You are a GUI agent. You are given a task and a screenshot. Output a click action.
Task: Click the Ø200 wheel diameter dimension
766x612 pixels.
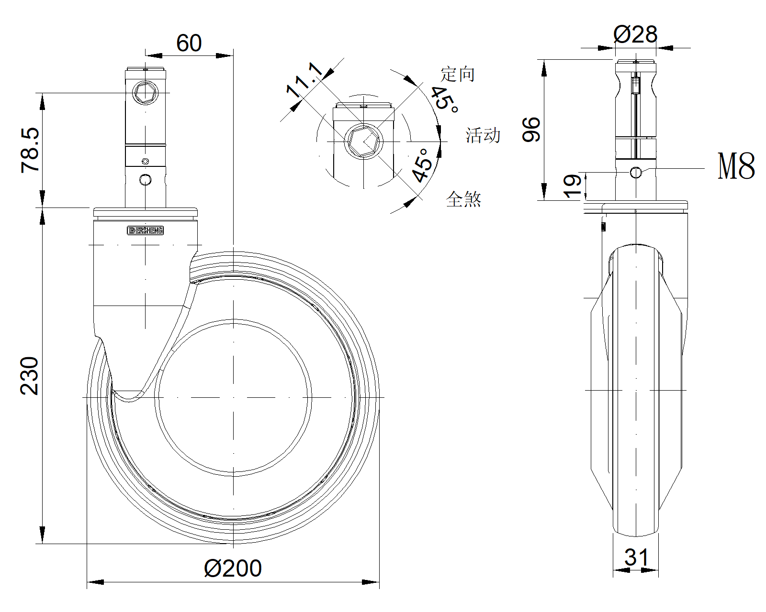click(x=233, y=568)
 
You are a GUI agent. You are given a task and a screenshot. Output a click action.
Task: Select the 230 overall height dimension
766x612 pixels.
click(x=29, y=376)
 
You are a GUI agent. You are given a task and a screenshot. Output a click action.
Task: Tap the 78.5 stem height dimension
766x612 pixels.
click(x=30, y=150)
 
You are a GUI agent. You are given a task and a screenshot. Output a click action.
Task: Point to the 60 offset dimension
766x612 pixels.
click(x=189, y=43)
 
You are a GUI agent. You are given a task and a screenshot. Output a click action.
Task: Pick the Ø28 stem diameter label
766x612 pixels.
click(x=635, y=34)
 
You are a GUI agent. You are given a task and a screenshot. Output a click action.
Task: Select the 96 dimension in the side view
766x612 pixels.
click(x=531, y=130)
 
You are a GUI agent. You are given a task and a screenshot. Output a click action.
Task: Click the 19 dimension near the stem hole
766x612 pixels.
click(x=572, y=186)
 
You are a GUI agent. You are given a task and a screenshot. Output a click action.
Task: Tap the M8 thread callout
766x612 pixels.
click(x=736, y=166)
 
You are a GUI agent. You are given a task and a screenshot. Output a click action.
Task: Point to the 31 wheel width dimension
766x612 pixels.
click(x=636, y=557)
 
